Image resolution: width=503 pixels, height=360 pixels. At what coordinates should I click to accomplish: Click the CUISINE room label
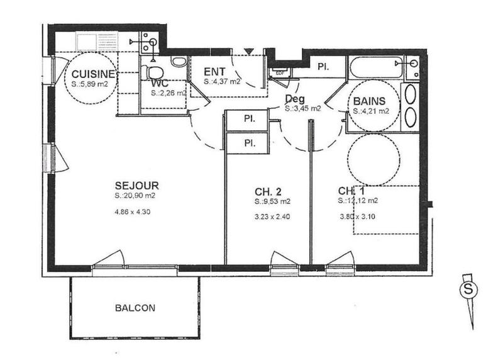[x=92, y=74]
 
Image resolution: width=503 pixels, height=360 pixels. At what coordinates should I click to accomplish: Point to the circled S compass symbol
[x=467, y=290]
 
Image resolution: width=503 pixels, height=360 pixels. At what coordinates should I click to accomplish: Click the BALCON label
[x=135, y=308]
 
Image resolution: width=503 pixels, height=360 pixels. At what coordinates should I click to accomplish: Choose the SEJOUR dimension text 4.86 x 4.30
[x=136, y=211]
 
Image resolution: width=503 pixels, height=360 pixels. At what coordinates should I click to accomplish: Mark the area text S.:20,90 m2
[x=136, y=196]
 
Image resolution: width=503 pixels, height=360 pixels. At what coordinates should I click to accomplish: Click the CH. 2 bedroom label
[x=267, y=190]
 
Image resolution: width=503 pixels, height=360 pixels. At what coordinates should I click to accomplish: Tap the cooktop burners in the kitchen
[x=148, y=43]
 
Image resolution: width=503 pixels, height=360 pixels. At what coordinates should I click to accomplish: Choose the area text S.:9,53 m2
[x=273, y=202]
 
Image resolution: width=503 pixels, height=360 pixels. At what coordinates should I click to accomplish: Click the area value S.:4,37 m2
[x=222, y=81]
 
